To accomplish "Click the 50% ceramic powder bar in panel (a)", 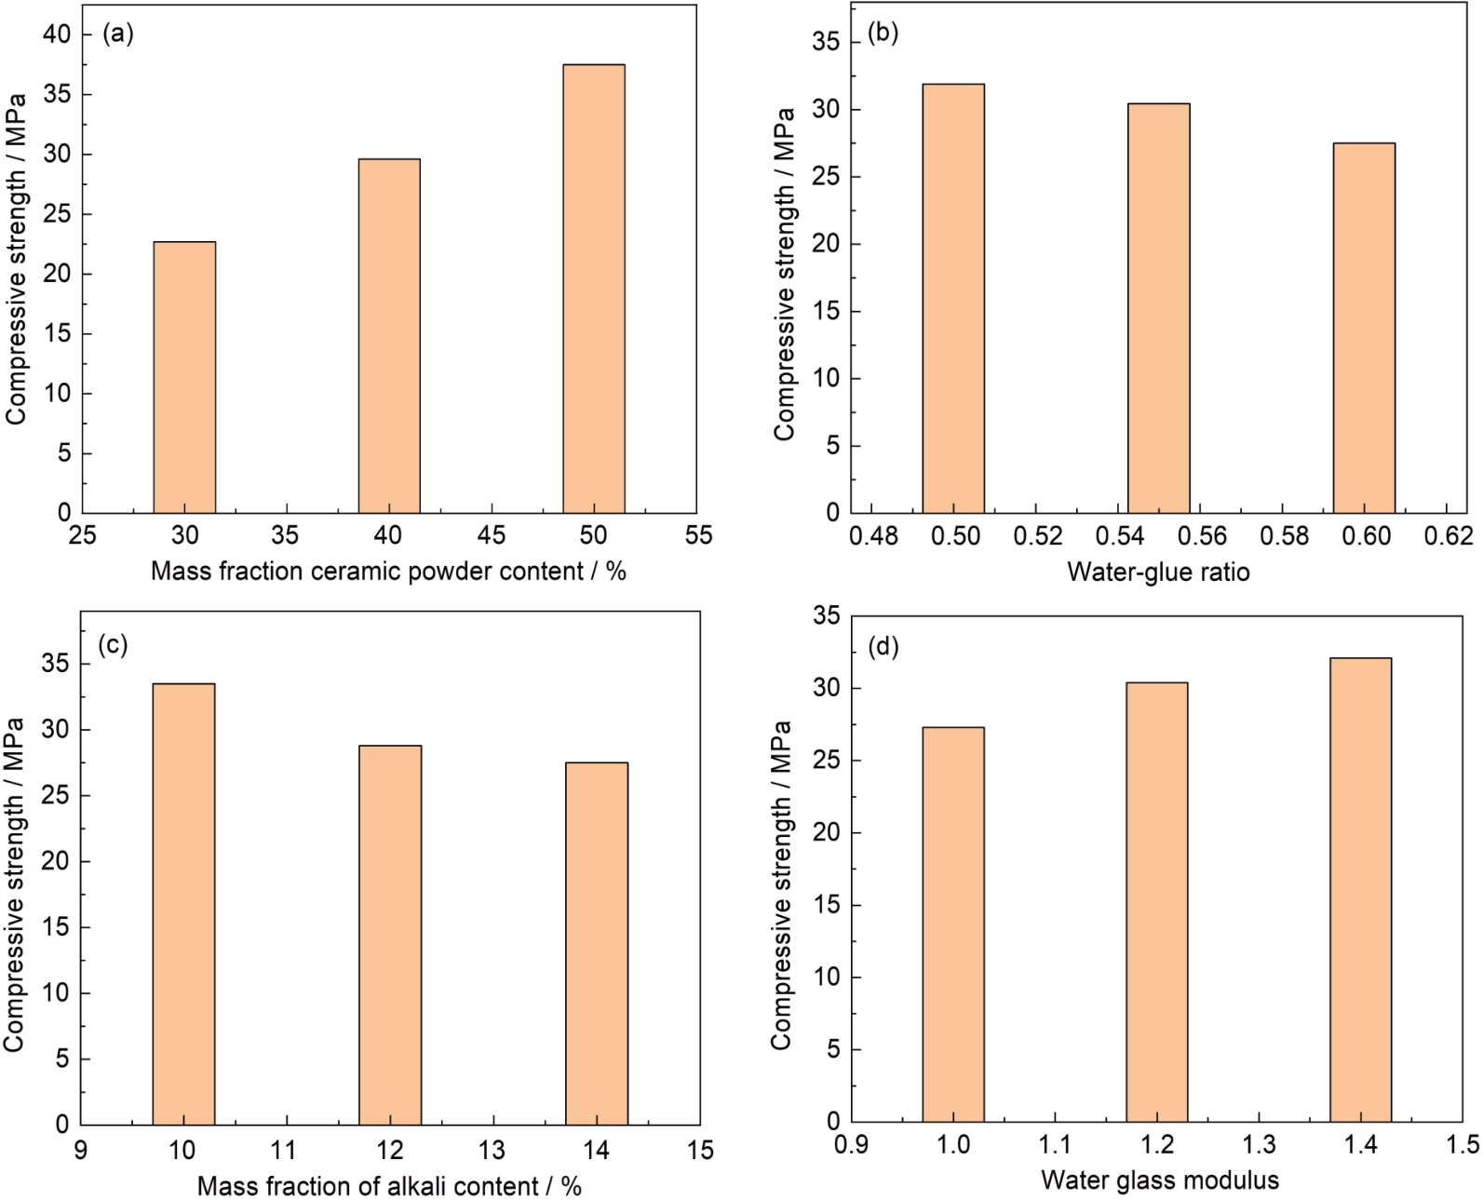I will coord(593,289).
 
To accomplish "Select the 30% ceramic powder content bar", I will coord(184,377).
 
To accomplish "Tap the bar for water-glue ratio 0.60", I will coord(1364,328).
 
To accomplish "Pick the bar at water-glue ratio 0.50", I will coord(953,298).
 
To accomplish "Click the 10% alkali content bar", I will coord(183,903).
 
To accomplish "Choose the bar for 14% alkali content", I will coord(597,943).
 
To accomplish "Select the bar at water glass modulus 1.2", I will coord(1156,901).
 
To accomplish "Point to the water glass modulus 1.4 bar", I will coord(1360,889).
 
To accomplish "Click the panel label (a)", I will coord(118,34).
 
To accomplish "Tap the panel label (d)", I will coord(883,646).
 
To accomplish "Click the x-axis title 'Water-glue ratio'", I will coord(1158,571).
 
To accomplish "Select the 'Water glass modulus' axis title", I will coord(1159,1180).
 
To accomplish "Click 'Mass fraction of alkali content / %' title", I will coord(389,1186).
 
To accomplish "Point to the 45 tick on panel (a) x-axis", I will coord(492,535).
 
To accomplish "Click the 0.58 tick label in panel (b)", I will coord(1282,536).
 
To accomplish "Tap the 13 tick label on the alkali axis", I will coord(492,1150).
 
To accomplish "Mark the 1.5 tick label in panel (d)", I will coord(1463,1145).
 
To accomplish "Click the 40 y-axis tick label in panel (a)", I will coord(57,34).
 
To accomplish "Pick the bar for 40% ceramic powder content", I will coord(389,335).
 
